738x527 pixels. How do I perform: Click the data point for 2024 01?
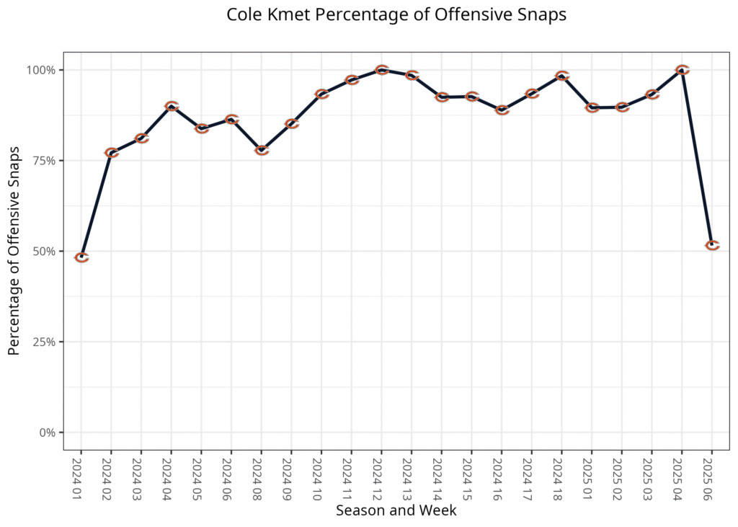tap(81, 257)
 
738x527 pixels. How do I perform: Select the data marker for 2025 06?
tap(712, 246)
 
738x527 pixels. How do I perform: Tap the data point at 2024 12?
tap(382, 70)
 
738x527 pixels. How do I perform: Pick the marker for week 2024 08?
tap(262, 150)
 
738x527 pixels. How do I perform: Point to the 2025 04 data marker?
tap(683, 70)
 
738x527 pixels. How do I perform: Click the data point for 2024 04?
tap(172, 106)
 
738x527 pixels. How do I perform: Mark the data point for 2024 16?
tap(502, 110)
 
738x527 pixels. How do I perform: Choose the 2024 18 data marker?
tap(562, 76)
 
